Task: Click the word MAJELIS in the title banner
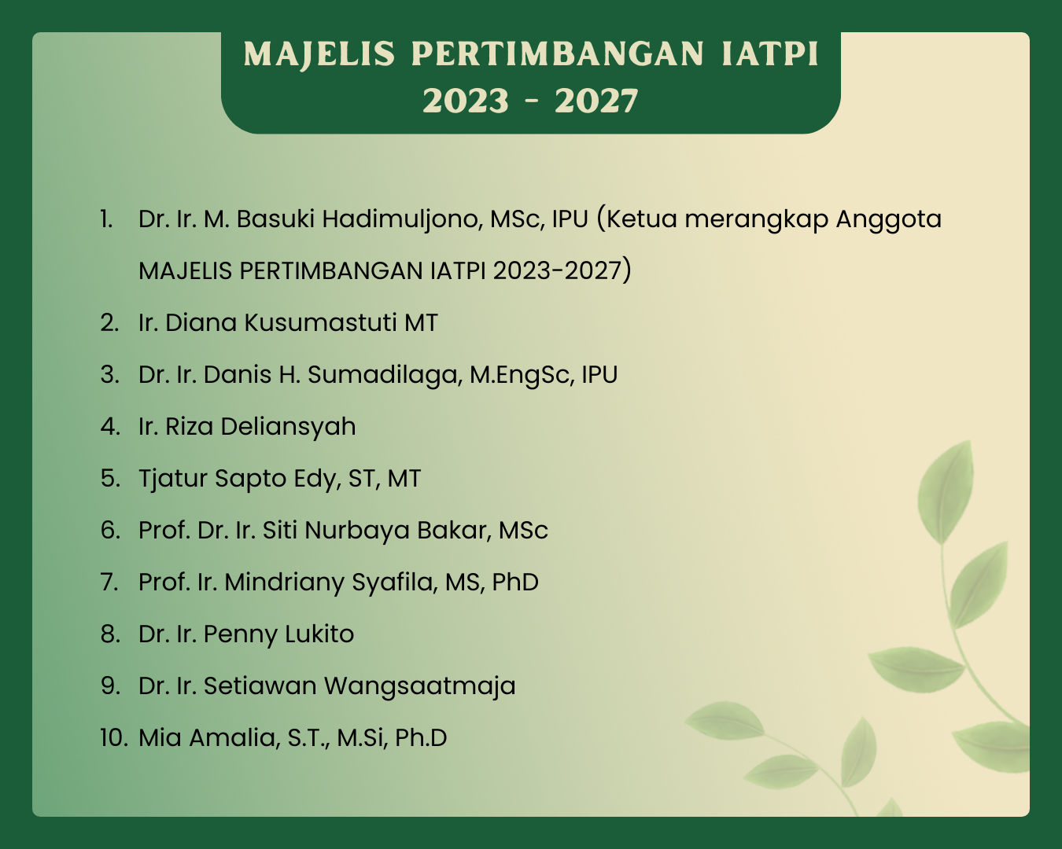pyautogui.click(x=319, y=53)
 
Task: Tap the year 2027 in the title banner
pyautogui.click(x=596, y=101)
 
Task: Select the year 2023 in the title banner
pyautogui.click(x=466, y=101)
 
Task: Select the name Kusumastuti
pyautogui.click(x=320, y=322)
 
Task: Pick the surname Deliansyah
pyautogui.click(x=288, y=427)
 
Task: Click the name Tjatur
pyautogui.click(x=173, y=479)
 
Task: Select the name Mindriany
pyautogui.click(x=284, y=583)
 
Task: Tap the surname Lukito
pyautogui.click(x=319, y=634)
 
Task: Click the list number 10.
pyautogui.click(x=114, y=738)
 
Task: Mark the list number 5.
pyautogui.click(x=110, y=479)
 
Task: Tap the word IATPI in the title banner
pyautogui.click(x=770, y=53)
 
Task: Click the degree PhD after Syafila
pyautogui.click(x=515, y=582)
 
